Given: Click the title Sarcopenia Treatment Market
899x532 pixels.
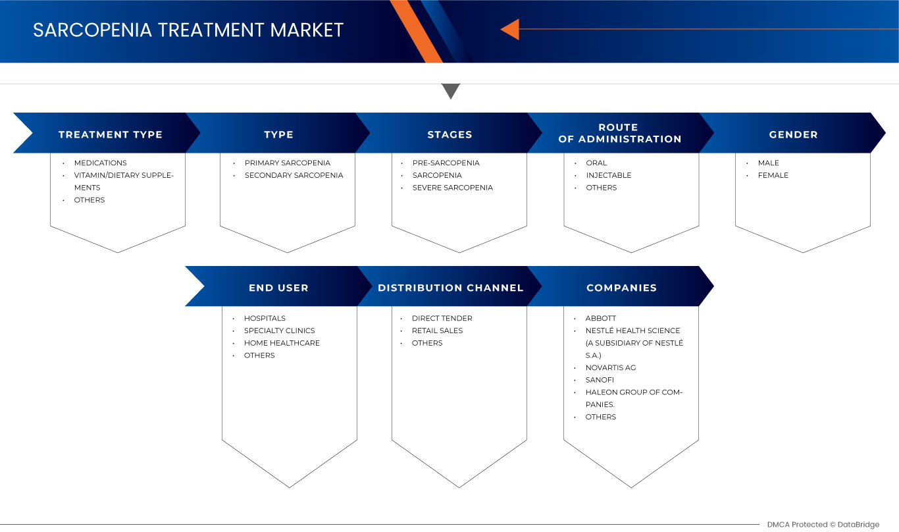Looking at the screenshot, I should pyautogui.click(x=188, y=30).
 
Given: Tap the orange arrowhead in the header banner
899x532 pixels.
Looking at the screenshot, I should pyautogui.click(x=511, y=29).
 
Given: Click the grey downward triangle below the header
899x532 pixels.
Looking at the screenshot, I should pyautogui.click(x=450, y=91).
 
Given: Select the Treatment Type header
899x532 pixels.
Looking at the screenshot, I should pyautogui.click(x=110, y=134).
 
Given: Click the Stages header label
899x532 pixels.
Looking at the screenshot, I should pyautogui.click(x=449, y=134).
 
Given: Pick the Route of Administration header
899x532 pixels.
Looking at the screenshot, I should pyautogui.click(x=619, y=133).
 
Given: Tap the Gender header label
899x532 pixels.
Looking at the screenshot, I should pyautogui.click(x=793, y=134).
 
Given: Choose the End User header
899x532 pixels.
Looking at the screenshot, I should pyautogui.click(x=278, y=288).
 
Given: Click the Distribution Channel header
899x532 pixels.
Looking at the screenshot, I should pyautogui.click(x=450, y=288).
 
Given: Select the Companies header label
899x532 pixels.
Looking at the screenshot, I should pyautogui.click(x=621, y=288).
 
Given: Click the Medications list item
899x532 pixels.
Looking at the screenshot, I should pyautogui.click(x=100, y=163).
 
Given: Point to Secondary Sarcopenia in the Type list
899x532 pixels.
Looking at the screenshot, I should pyautogui.click(x=294, y=175).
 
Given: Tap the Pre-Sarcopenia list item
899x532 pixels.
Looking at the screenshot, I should pyautogui.click(x=446, y=163).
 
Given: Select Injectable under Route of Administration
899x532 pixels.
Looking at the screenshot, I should pyautogui.click(x=608, y=175).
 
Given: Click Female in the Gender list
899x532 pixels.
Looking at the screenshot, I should pyautogui.click(x=773, y=175).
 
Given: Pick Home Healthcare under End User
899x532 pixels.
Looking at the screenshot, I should pyautogui.click(x=282, y=343).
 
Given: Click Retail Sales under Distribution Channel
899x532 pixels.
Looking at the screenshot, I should pyautogui.click(x=437, y=331).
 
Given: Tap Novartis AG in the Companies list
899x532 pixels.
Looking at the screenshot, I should pyautogui.click(x=610, y=368).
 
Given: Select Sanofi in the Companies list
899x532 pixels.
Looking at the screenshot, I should pyautogui.click(x=600, y=380).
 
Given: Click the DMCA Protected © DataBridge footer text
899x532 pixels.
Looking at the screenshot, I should pyautogui.click(x=823, y=525).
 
